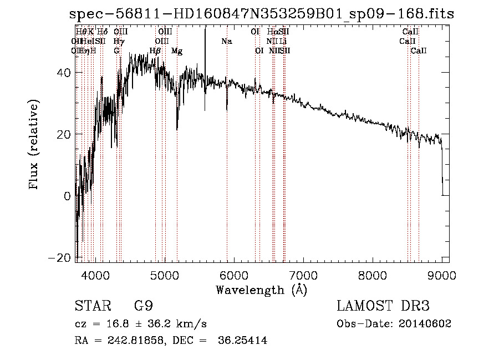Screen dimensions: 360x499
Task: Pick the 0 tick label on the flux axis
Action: coord(67,196)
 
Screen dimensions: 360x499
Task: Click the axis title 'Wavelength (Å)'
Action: coord(261,290)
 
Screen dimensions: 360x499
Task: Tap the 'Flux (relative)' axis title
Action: coord(34,146)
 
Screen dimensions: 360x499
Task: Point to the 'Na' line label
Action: coord(226,42)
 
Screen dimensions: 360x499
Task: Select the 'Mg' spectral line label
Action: coord(177,51)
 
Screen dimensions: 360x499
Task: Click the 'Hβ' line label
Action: coord(155,51)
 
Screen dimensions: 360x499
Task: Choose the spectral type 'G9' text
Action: coord(143,306)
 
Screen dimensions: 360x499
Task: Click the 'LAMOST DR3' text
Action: coord(383,306)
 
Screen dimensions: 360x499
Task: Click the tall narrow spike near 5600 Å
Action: coord(205,55)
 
